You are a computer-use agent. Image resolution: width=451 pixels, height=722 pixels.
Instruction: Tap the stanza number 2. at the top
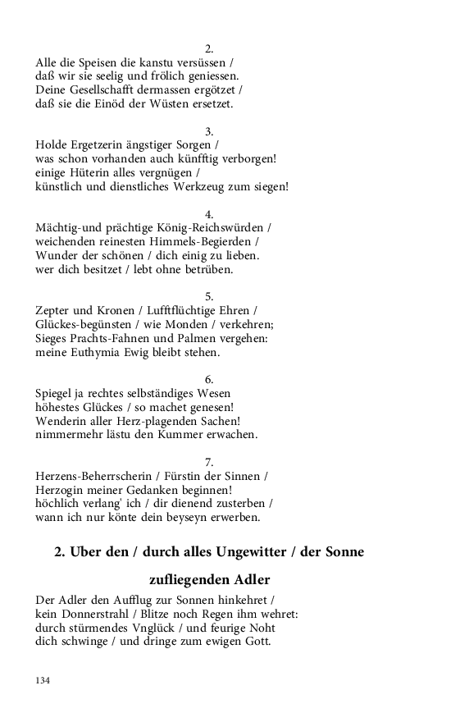click(x=209, y=48)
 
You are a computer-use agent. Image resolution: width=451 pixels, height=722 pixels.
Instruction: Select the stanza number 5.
click(x=209, y=296)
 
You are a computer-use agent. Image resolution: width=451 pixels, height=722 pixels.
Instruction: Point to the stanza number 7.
click(x=209, y=462)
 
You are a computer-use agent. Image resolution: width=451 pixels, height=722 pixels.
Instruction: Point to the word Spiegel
click(x=57, y=393)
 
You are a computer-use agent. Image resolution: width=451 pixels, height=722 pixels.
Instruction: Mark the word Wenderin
click(x=62, y=421)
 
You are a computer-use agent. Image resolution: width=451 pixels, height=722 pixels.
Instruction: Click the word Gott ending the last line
click(x=257, y=642)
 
